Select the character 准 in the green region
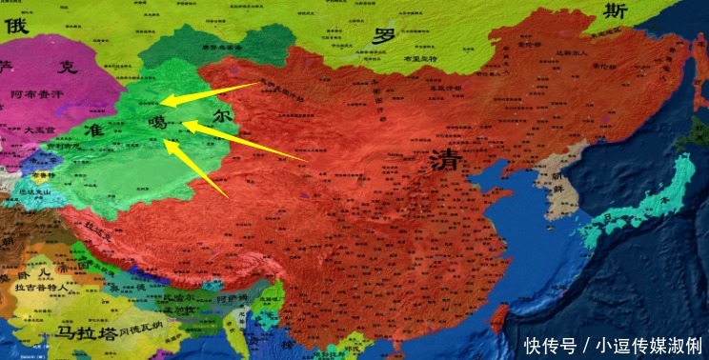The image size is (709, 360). point(93,129)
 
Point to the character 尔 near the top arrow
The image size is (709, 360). point(222,115)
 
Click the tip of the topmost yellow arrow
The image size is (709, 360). point(162,100)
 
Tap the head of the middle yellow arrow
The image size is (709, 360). point(184,124)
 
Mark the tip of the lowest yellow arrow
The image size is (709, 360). point(167,143)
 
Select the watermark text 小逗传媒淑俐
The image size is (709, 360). point(647,343)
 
